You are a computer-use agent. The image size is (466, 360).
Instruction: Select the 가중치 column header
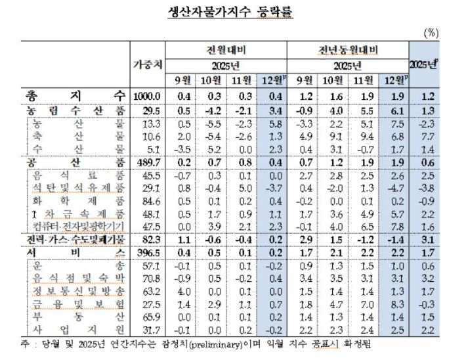(x=148, y=64)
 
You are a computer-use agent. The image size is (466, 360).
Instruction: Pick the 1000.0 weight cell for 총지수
(x=148, y=97)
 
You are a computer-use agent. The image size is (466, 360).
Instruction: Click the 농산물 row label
(x=78, y=125)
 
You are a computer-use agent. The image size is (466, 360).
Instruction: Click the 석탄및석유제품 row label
(x=78, y=189)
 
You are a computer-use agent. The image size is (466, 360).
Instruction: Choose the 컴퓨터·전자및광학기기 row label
(x=78, y=227)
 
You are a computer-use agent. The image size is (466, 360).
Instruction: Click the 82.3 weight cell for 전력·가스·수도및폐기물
(x=148, y=240)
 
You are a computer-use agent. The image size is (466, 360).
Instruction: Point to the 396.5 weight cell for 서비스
(x=148, y=253)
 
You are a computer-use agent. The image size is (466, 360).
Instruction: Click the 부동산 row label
(x=78, y=318)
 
